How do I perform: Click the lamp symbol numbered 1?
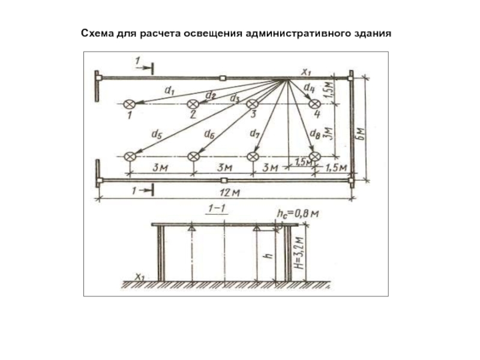pyautogui.click(x=128, y=104)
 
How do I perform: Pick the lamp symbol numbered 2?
pyautogui.click(x=193, y=104)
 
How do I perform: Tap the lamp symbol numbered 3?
pyautogui.click(x=253, y=104)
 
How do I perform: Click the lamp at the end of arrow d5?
pyautogui.click(x=128, y=157)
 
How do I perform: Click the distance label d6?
pyautogui.click(x=209, y=134)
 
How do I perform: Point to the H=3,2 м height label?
pyautogui.click(x=301, y=252)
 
